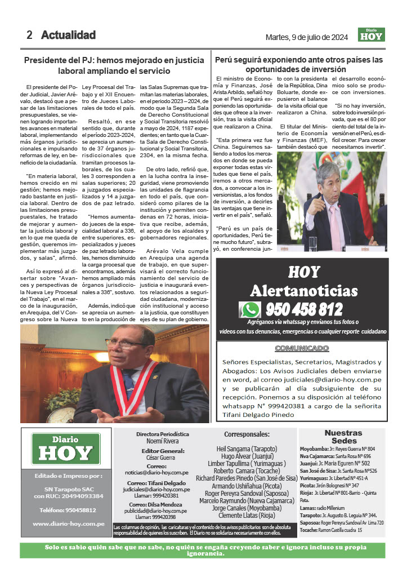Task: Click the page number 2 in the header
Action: click(x=29, y=35)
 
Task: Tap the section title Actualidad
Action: click(x=68, y=35)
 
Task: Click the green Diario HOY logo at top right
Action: click(x=372, y=35)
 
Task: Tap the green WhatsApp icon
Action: click(x=249, y=309)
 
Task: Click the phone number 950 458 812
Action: click(x=303, y=309)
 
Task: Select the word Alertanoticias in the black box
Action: click(x=303, y=291)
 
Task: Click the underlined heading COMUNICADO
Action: click(x=302, y=348)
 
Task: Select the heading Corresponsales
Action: click(x=247, y=434)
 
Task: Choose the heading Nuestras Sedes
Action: click(x=343, y=437)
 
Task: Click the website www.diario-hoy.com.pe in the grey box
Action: click(x=69, y=523)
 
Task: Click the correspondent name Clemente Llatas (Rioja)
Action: click(x=247, y=515)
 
